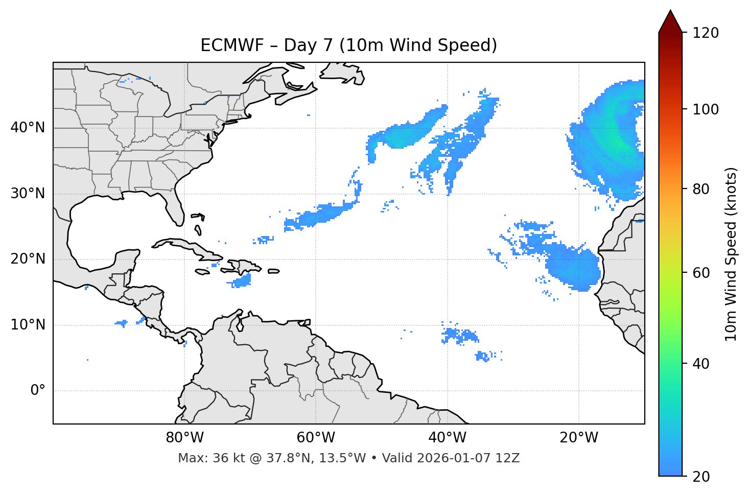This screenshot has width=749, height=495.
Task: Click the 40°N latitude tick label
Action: pyautogui.click(x=28, y=128)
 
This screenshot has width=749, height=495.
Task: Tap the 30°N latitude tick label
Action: pyautogui.click(x=28, y=194)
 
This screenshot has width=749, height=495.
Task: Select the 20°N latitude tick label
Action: pyautogui.click(x=28, y=259)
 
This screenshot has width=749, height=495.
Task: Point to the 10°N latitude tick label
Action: pyautogui.click(x=28, y=325)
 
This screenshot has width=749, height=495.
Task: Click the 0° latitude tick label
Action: pyautogui.click(x=37, y=391)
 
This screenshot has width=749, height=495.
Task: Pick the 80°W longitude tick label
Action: pyautogui.click(x=184, y=438)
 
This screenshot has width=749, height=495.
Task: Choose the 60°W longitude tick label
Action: pyautogui.click(x=316, y=438)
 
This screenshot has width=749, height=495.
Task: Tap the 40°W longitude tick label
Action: pyautogui.click(x=447, y=438)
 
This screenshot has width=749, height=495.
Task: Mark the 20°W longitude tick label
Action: pyautogui.click(x=578, y=438)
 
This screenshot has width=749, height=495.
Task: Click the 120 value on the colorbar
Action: pyautogui.click(x=706, y=33)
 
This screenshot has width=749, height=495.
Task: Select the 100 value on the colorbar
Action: pyautogui.click(x=706, y=109)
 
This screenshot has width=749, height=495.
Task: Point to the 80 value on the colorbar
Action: pyautogui.click(x=702, y=189)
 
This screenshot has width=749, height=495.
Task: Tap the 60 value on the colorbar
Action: pyautogui.click(x=702, y=273)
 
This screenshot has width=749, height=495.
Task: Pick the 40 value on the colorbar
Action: pyautogui.click(x=702, y=364)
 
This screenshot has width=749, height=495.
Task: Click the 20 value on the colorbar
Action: pyautogui.click(x=702, y=477)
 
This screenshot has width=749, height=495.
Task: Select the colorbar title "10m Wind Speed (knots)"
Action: pyautogui.click(x=731, y=254)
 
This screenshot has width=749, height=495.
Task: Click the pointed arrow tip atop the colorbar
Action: pyautogui.click(x=670, y=12)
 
